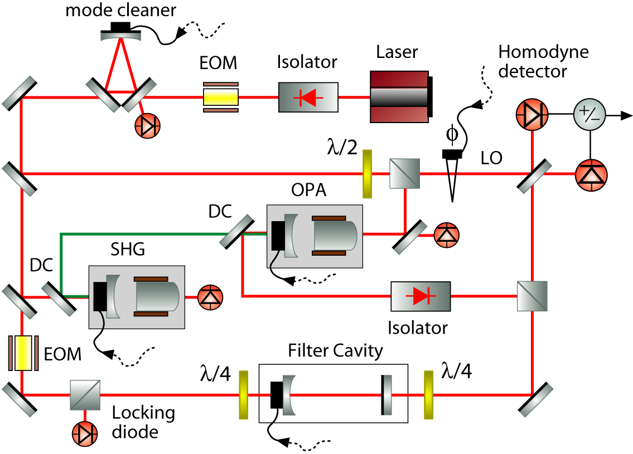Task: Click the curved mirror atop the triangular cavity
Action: pyautogui.click(x=120, y=37)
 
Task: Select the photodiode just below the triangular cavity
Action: pyautogui.click(x=148, y=126)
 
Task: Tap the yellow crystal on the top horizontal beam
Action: pyautogui.click(x=221, y=97)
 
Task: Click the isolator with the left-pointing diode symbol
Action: pyautogui.click(x=308, y=97)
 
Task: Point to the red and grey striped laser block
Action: pyautogui.click(x=399, y=97)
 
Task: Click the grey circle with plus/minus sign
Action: pyautogui.click(x=589, y=114)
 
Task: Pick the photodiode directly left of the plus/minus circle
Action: pyautogui.click(x=532, y=115)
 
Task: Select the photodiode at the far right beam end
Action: pyautogui.click(x=591, y=175)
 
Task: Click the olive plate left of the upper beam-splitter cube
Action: pyautogui.click(x=367, y=174)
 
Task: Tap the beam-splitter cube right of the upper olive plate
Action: pyautogui.click(x=405, y=173)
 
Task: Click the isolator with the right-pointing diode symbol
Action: pyautogui.click(x=421, y=296)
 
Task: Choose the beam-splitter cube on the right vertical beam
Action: pyautogui.click(x=533, y=296)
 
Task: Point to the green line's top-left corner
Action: pyautogui.click(x=61, y=234)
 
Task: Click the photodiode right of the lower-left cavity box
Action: pyautogui.click(x=210, y=297)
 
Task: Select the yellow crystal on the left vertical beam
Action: pyautogui.click(x=23, y=353)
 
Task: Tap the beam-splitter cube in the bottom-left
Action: pyautogui.click(x=85, y=396)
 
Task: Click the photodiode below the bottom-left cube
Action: pyautogui.click(x=85, y=434)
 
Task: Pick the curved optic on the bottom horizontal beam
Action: pyautogui.click(x=288, y=395)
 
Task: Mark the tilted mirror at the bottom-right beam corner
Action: pyautogui.click(x=537, y=401)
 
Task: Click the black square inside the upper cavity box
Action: pyautogui.click(x=278, y=236)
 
